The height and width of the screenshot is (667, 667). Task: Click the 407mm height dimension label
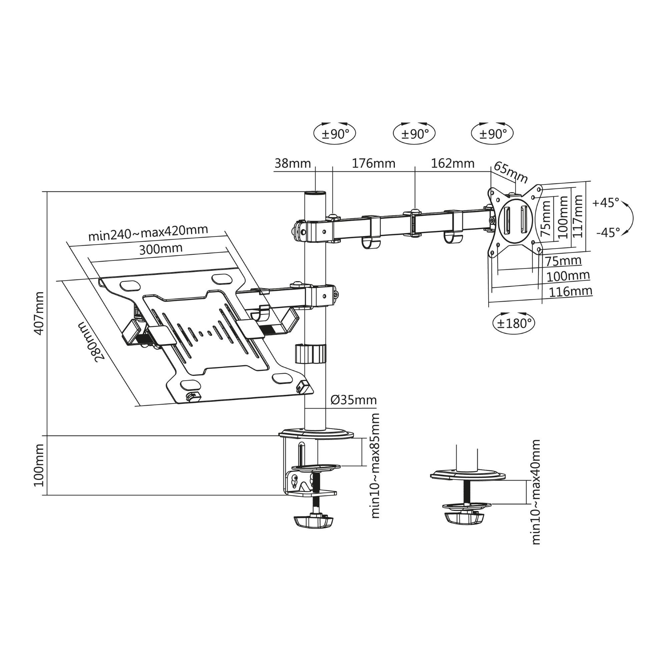(x=39, y=313)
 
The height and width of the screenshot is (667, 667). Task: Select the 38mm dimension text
(x=292, y=163)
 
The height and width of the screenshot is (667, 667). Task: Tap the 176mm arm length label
(x=373, y=163)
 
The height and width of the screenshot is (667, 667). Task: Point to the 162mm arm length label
(x=452, y=163)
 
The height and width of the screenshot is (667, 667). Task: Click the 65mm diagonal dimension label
(x=511, y=173)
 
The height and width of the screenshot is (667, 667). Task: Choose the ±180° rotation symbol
(x=513, y=323)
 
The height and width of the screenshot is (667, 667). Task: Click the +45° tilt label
(x=606, y=203)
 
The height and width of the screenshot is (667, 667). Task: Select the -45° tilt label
(x=608, y=233)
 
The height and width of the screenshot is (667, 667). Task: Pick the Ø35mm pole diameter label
(x=354, y=400)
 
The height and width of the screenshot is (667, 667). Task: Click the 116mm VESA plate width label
(x=570, y=292)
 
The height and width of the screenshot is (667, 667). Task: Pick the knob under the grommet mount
(x=464, y=518)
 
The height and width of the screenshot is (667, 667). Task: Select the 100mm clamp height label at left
(x=39, y=465)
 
